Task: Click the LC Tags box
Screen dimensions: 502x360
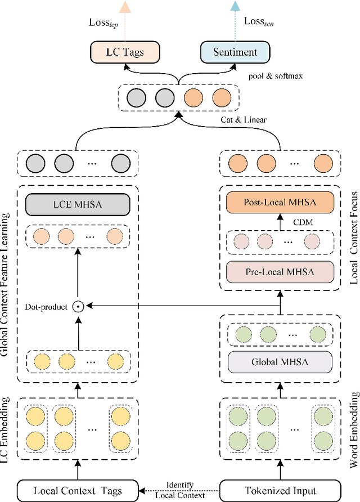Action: coord(124,52)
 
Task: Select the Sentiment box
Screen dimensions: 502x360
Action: coord(235,52)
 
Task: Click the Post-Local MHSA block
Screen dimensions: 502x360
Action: coord(280,202)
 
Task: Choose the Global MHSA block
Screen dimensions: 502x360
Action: coord(280,361)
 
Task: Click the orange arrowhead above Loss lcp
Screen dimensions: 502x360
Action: coord(125,6)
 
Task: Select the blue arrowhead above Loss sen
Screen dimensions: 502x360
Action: coord(235,6)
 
